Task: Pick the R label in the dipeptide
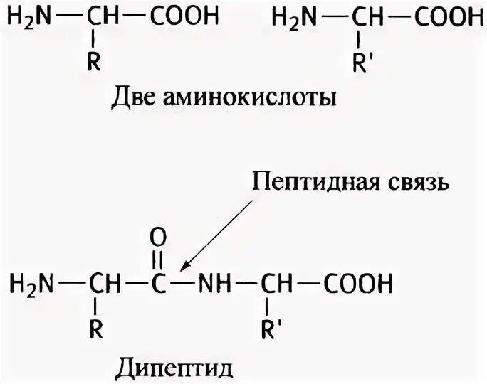pos(97,329)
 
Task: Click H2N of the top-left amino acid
pos(31,18)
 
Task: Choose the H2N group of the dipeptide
pos(32,285)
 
